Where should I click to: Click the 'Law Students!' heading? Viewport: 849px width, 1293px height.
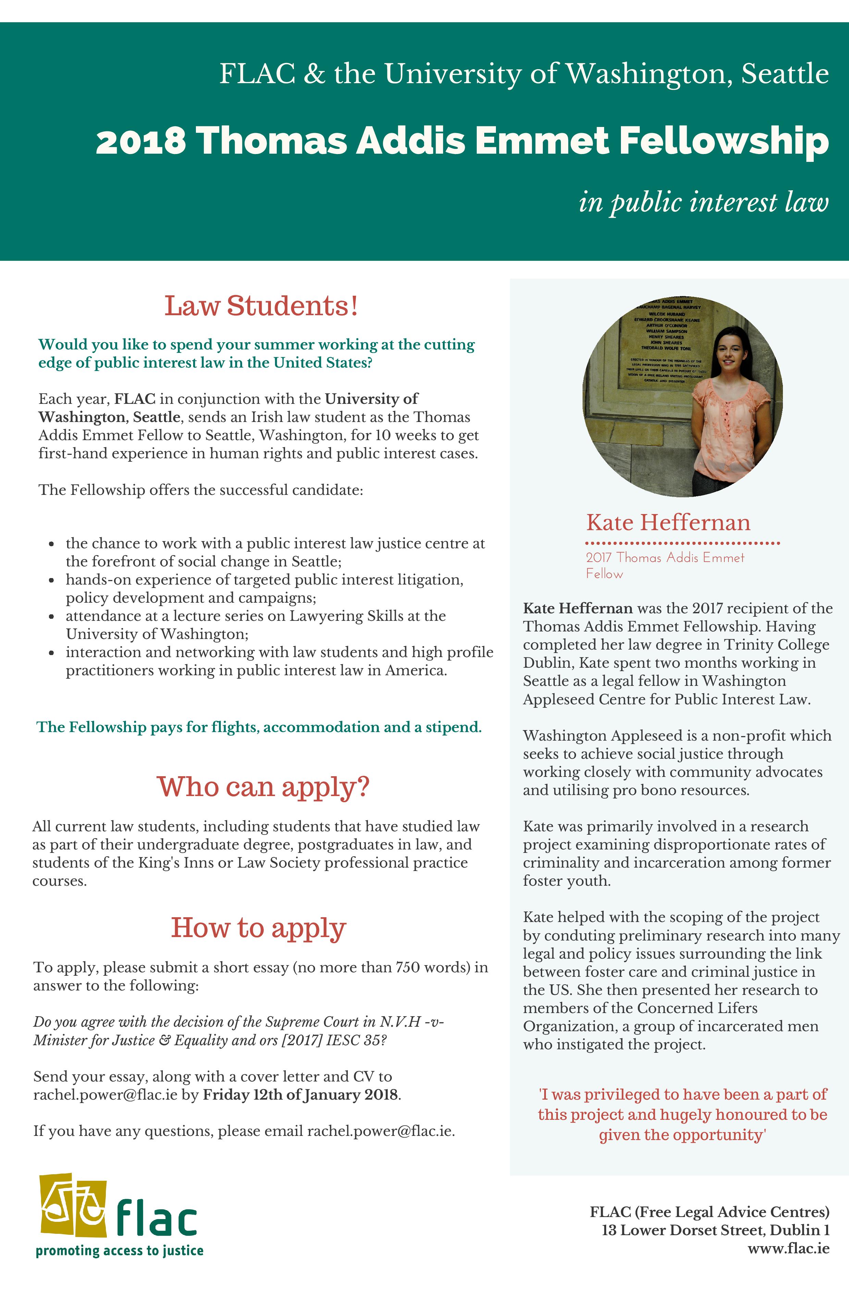[261, 306]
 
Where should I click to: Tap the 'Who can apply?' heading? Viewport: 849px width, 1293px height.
[263, 787]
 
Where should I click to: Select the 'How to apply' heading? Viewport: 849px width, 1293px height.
[259, 928]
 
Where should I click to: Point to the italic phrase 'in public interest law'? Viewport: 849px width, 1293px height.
[703, 203]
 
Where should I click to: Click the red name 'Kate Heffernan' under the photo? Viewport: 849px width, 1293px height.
[668, 523]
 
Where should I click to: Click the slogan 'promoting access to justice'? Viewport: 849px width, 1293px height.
[120, 1251]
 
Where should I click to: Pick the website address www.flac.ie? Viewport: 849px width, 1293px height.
[788, 1249]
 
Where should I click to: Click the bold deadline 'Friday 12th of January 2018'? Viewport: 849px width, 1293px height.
[301, 1094]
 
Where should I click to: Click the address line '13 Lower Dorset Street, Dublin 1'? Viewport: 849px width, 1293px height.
[715, 1230]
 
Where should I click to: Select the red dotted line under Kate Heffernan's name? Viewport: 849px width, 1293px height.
[683, 543]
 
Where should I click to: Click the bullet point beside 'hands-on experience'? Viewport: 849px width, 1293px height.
[52, 580]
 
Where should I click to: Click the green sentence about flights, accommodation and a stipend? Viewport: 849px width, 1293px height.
[259, 727]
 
